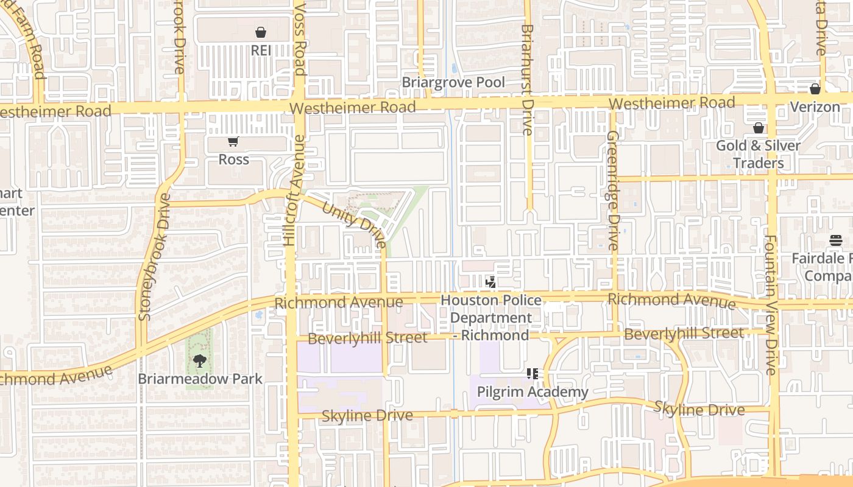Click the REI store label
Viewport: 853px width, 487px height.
click(261, 51)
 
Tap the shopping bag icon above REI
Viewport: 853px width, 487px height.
click(261, 32)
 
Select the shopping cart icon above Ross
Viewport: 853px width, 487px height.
click(233, 142)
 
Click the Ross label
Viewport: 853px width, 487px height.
click(234, 159)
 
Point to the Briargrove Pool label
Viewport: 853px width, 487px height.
click(453, 82)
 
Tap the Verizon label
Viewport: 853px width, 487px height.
click(815, 107)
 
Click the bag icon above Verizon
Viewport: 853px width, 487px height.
click(815, 89)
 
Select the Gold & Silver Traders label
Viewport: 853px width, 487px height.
click(758, 155)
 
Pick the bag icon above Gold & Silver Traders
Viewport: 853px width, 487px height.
click(759, 128)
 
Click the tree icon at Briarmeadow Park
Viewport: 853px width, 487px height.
click(199, 361)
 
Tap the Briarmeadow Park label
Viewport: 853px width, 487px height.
click(200, 379)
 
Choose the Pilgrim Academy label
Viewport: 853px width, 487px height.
click(533, 391)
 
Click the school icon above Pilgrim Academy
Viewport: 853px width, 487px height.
click(533, 373)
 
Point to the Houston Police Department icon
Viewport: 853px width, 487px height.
click(490, 282)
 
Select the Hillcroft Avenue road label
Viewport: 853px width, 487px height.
click(294, 190)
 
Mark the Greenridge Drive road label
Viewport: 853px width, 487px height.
click(613, 190)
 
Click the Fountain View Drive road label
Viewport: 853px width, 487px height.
click(771, 304)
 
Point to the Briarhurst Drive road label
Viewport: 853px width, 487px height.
click(528, 79)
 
